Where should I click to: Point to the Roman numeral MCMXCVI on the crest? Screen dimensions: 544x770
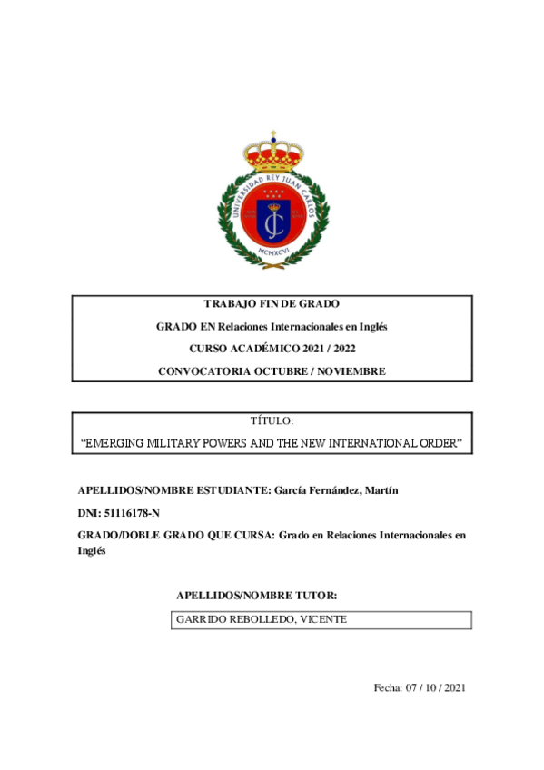pyautogui.click(x=272, y=252)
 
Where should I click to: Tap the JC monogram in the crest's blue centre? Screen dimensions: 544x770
pyautogui.click(x=272, y=218)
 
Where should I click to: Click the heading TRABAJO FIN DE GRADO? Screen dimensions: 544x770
pyautogui.click(x=272, y=304)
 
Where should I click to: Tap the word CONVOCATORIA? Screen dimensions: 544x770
pyautogui.click(x=201, y=371)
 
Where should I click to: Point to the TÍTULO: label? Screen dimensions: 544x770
pyautogui.click(x=272, y=422)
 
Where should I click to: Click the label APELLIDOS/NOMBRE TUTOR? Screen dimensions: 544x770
pyautogui.click(x=257, y=596)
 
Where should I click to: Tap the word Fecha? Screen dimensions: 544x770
pyautogui.click(x=387, y=689)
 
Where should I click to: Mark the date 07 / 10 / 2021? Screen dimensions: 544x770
pyautogui.click(x=436, y=689)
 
